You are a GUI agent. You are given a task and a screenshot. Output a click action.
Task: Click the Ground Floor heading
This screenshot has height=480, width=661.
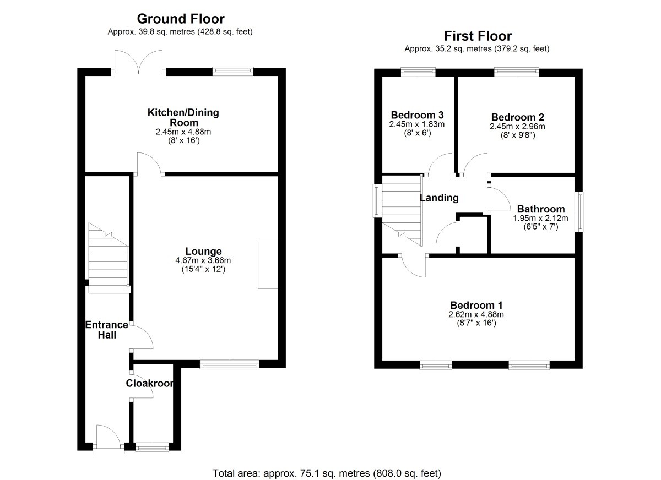(181, 19)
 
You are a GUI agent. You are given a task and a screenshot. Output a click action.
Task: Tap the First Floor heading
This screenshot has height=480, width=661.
(478, 36)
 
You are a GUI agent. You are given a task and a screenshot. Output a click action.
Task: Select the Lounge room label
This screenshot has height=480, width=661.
(203, 251)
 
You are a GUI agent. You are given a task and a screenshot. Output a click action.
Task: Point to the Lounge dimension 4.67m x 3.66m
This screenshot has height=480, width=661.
(203, 260)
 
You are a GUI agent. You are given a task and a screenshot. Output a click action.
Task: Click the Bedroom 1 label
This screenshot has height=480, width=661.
(476, 305)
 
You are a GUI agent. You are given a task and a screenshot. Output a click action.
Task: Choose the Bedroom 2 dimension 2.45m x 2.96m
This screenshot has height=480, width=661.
(517, 127)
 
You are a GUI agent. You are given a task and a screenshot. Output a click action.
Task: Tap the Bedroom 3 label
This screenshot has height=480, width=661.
(417, 114)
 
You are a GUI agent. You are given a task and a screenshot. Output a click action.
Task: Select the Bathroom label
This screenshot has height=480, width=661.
(541, 209)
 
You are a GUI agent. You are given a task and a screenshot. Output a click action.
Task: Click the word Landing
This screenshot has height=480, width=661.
(439, 198)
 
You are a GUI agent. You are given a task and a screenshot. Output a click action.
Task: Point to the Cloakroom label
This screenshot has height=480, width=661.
(149, 383)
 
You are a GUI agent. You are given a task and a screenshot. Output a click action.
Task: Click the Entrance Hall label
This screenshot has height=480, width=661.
(107, 330)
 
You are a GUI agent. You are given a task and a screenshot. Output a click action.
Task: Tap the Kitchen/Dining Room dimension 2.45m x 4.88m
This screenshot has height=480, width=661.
(183, 132)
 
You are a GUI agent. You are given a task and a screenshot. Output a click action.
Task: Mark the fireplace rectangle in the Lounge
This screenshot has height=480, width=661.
(268, 265)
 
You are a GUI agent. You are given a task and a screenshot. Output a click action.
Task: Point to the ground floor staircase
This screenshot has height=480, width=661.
(109, 258)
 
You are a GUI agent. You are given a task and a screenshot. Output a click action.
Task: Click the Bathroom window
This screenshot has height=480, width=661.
(581, 212)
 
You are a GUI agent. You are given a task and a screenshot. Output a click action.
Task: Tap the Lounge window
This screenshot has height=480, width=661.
(229, 364)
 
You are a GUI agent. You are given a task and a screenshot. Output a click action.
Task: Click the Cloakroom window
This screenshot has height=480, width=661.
(152, 447)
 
